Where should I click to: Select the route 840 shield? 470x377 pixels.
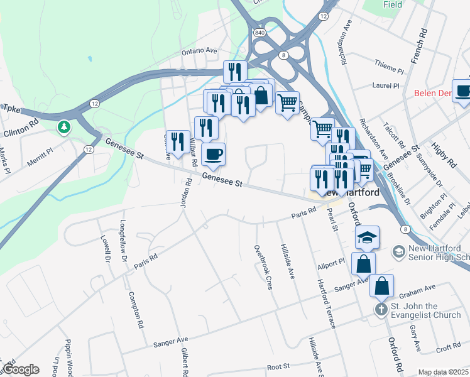click(x=260, y=31)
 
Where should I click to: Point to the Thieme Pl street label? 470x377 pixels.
click(x=388, y=65)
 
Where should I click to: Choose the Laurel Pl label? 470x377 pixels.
click(x=386, y=86)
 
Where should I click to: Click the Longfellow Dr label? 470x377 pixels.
click(x=123, y=241)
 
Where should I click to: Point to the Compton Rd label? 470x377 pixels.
click(x=136, y=311)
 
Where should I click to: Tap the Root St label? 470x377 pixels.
click(x=277, y=366)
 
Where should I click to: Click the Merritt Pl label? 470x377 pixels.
click(x=41, y=157)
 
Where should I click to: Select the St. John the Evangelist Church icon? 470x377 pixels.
click(x=380, y=309)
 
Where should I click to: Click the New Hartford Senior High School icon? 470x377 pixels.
click(x=398, y=252)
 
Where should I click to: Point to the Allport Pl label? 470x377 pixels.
click(x=332, y=264)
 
